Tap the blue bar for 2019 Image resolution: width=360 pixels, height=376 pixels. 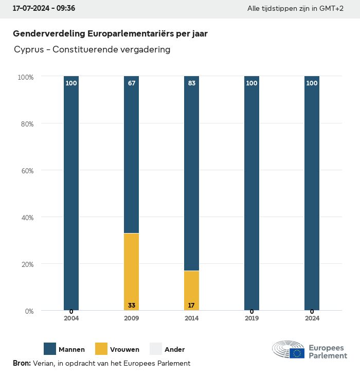click(251, 193)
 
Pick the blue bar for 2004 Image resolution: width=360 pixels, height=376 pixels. click(71, 193)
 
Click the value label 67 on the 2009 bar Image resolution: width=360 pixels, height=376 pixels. click(132, 83)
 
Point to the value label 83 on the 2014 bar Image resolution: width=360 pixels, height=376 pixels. click(191, 83)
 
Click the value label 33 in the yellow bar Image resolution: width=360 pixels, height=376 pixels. click(132, 306)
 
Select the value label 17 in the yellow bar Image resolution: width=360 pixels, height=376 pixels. click(191, 306)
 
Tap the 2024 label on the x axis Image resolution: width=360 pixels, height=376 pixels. click(312, 318)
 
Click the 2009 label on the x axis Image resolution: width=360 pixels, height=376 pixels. click(132, 318)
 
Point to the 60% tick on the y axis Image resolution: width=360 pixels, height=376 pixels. click(26, 171)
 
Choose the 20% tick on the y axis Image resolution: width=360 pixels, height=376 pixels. click(26, 264)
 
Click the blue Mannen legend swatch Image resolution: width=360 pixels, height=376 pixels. click(50, 349)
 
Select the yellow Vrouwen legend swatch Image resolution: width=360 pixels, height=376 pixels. click(101, 349)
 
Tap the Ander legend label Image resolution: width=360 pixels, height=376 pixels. click(174, 350)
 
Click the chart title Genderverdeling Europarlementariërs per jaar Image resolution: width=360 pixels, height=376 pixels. click(110, 34)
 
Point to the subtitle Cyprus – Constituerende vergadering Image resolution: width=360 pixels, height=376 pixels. click(92, 50)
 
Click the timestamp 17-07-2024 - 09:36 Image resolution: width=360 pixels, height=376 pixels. click(44, 9)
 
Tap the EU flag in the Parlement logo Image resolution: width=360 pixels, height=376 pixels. click(297, 353)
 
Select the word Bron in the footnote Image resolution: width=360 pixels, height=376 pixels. click(22, 363)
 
